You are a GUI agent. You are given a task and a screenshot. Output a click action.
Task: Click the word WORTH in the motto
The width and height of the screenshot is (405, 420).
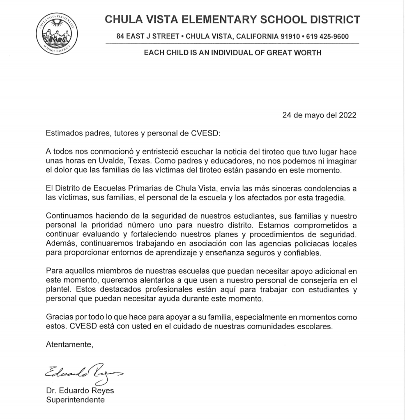point(307,53)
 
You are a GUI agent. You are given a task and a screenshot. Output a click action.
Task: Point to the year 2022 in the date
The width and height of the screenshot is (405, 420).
point(347,115)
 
